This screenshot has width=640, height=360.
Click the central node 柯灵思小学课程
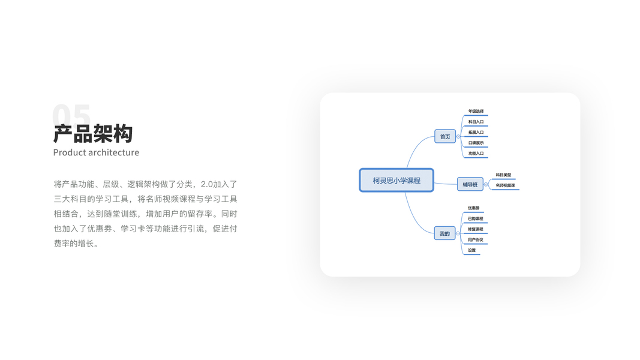[396, 180]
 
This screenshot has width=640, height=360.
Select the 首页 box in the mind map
[444, 137]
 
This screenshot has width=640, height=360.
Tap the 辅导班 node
[470, 185]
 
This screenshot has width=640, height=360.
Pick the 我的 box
[444, 233]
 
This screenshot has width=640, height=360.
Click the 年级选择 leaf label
[476, 111]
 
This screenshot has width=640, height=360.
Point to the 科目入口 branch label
[476, 122]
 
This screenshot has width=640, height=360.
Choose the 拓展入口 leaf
[476, 132]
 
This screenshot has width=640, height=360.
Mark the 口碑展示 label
[476, 143]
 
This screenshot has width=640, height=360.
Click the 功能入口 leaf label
[476, 153]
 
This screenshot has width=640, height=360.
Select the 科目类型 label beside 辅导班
[503, 175]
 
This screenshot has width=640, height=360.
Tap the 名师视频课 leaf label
[505, 185]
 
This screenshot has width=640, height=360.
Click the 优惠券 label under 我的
[473, 208]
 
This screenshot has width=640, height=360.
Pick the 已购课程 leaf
[475, 218]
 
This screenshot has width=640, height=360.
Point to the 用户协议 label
[475, 239]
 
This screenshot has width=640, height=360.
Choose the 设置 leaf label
[471, 250]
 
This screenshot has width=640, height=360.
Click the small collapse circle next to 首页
[458, 137]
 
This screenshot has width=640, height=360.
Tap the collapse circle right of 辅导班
[486, 185]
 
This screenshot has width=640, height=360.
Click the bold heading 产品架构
[92, 133]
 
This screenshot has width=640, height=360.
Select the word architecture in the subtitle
[113, 152]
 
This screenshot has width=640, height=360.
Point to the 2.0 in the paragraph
[208, 184]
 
